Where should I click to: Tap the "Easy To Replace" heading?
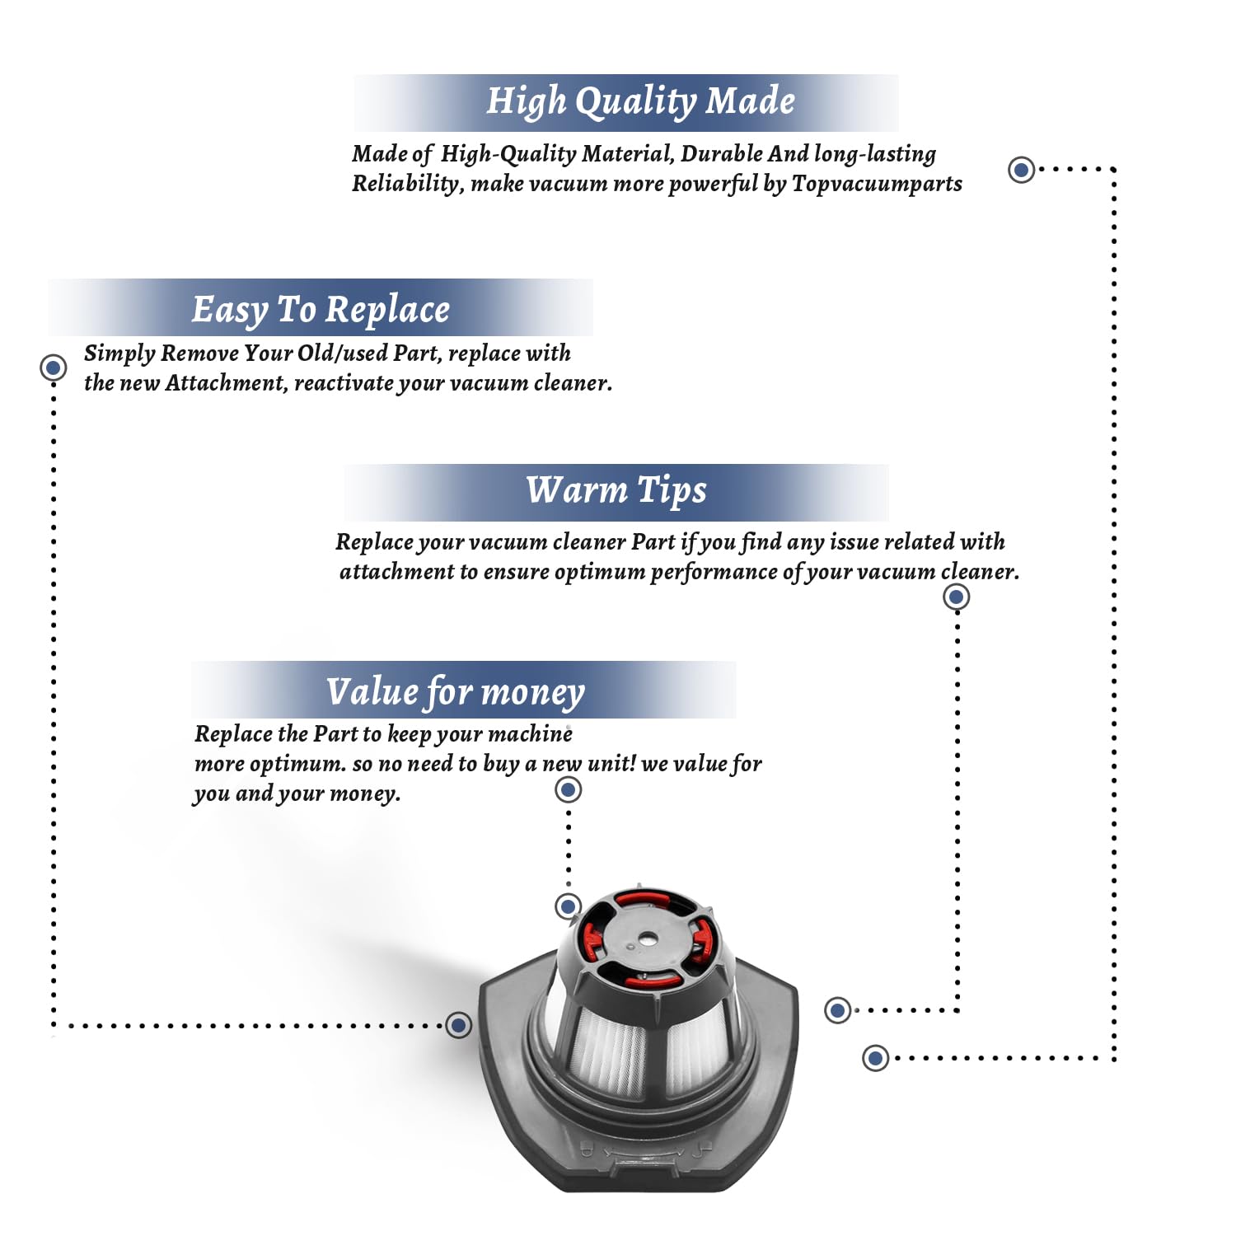coord(321,310)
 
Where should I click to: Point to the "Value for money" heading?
coord(455,692)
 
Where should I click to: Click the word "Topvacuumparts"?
coord(877,184)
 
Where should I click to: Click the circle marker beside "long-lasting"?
coord(1022,170)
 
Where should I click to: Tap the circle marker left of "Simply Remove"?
coord(54,368)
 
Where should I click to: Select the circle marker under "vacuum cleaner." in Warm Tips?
coord(956,597)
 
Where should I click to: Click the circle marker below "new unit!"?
coord(568,790)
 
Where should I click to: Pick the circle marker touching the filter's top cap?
coord(568,906)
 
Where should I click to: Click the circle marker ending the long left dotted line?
coord(459,1025)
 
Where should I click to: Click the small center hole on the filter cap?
coord(648,939)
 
